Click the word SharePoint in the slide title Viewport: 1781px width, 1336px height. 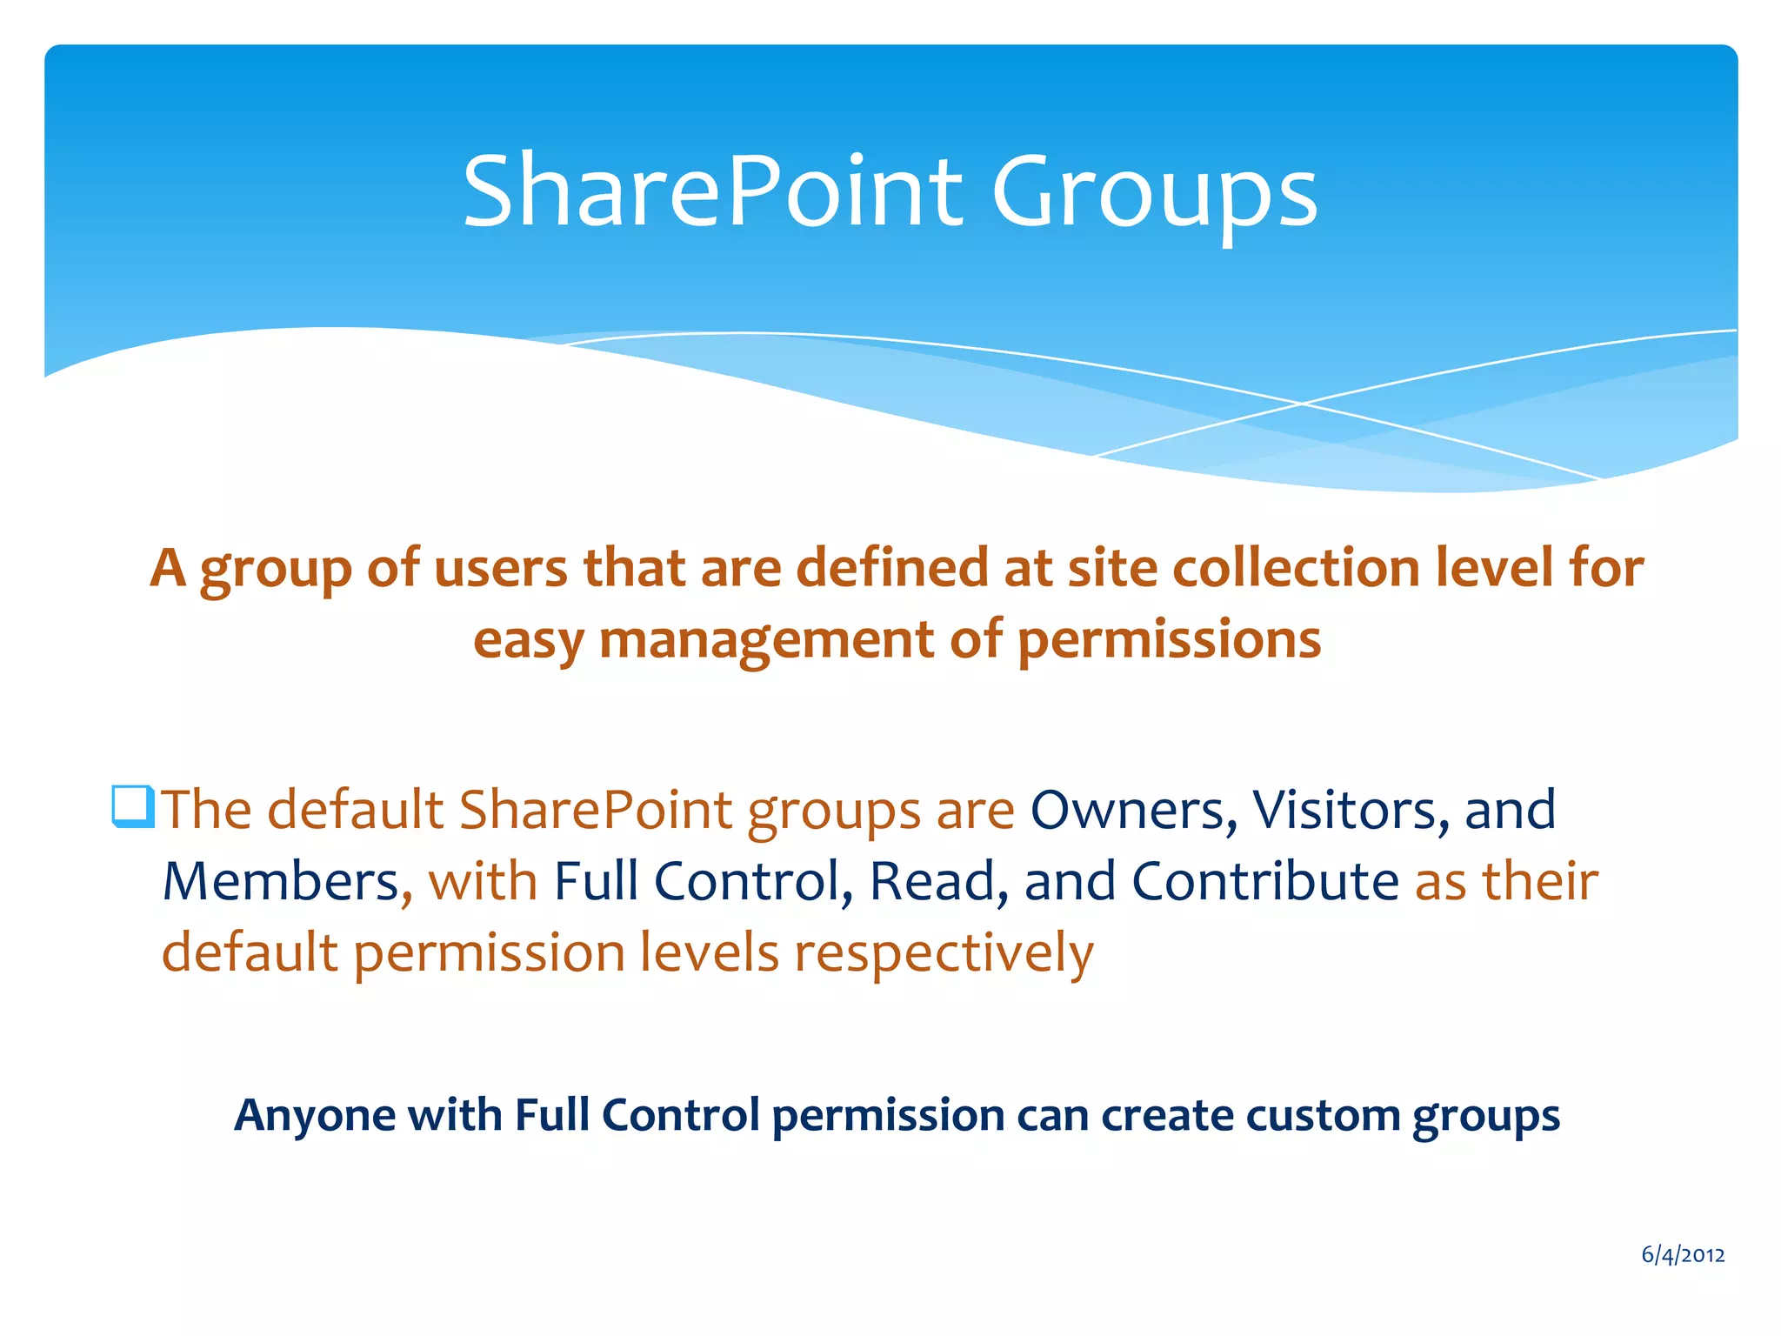(x=712, y=191)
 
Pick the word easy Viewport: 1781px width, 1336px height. (x=528, y=641)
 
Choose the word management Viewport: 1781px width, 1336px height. (x=766, y=641)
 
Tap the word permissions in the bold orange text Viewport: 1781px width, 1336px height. (x=1169, y=641)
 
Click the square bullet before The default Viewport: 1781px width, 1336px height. (x=133, y=806)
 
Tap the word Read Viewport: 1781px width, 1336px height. (x=932, y=881)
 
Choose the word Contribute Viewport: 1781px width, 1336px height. (x=1265, y=881)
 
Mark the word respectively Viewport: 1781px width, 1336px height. (x=944, y=953)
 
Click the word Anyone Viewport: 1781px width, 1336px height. (x=315, y=1115)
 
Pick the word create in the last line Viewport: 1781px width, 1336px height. (x=1166, y=1115)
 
